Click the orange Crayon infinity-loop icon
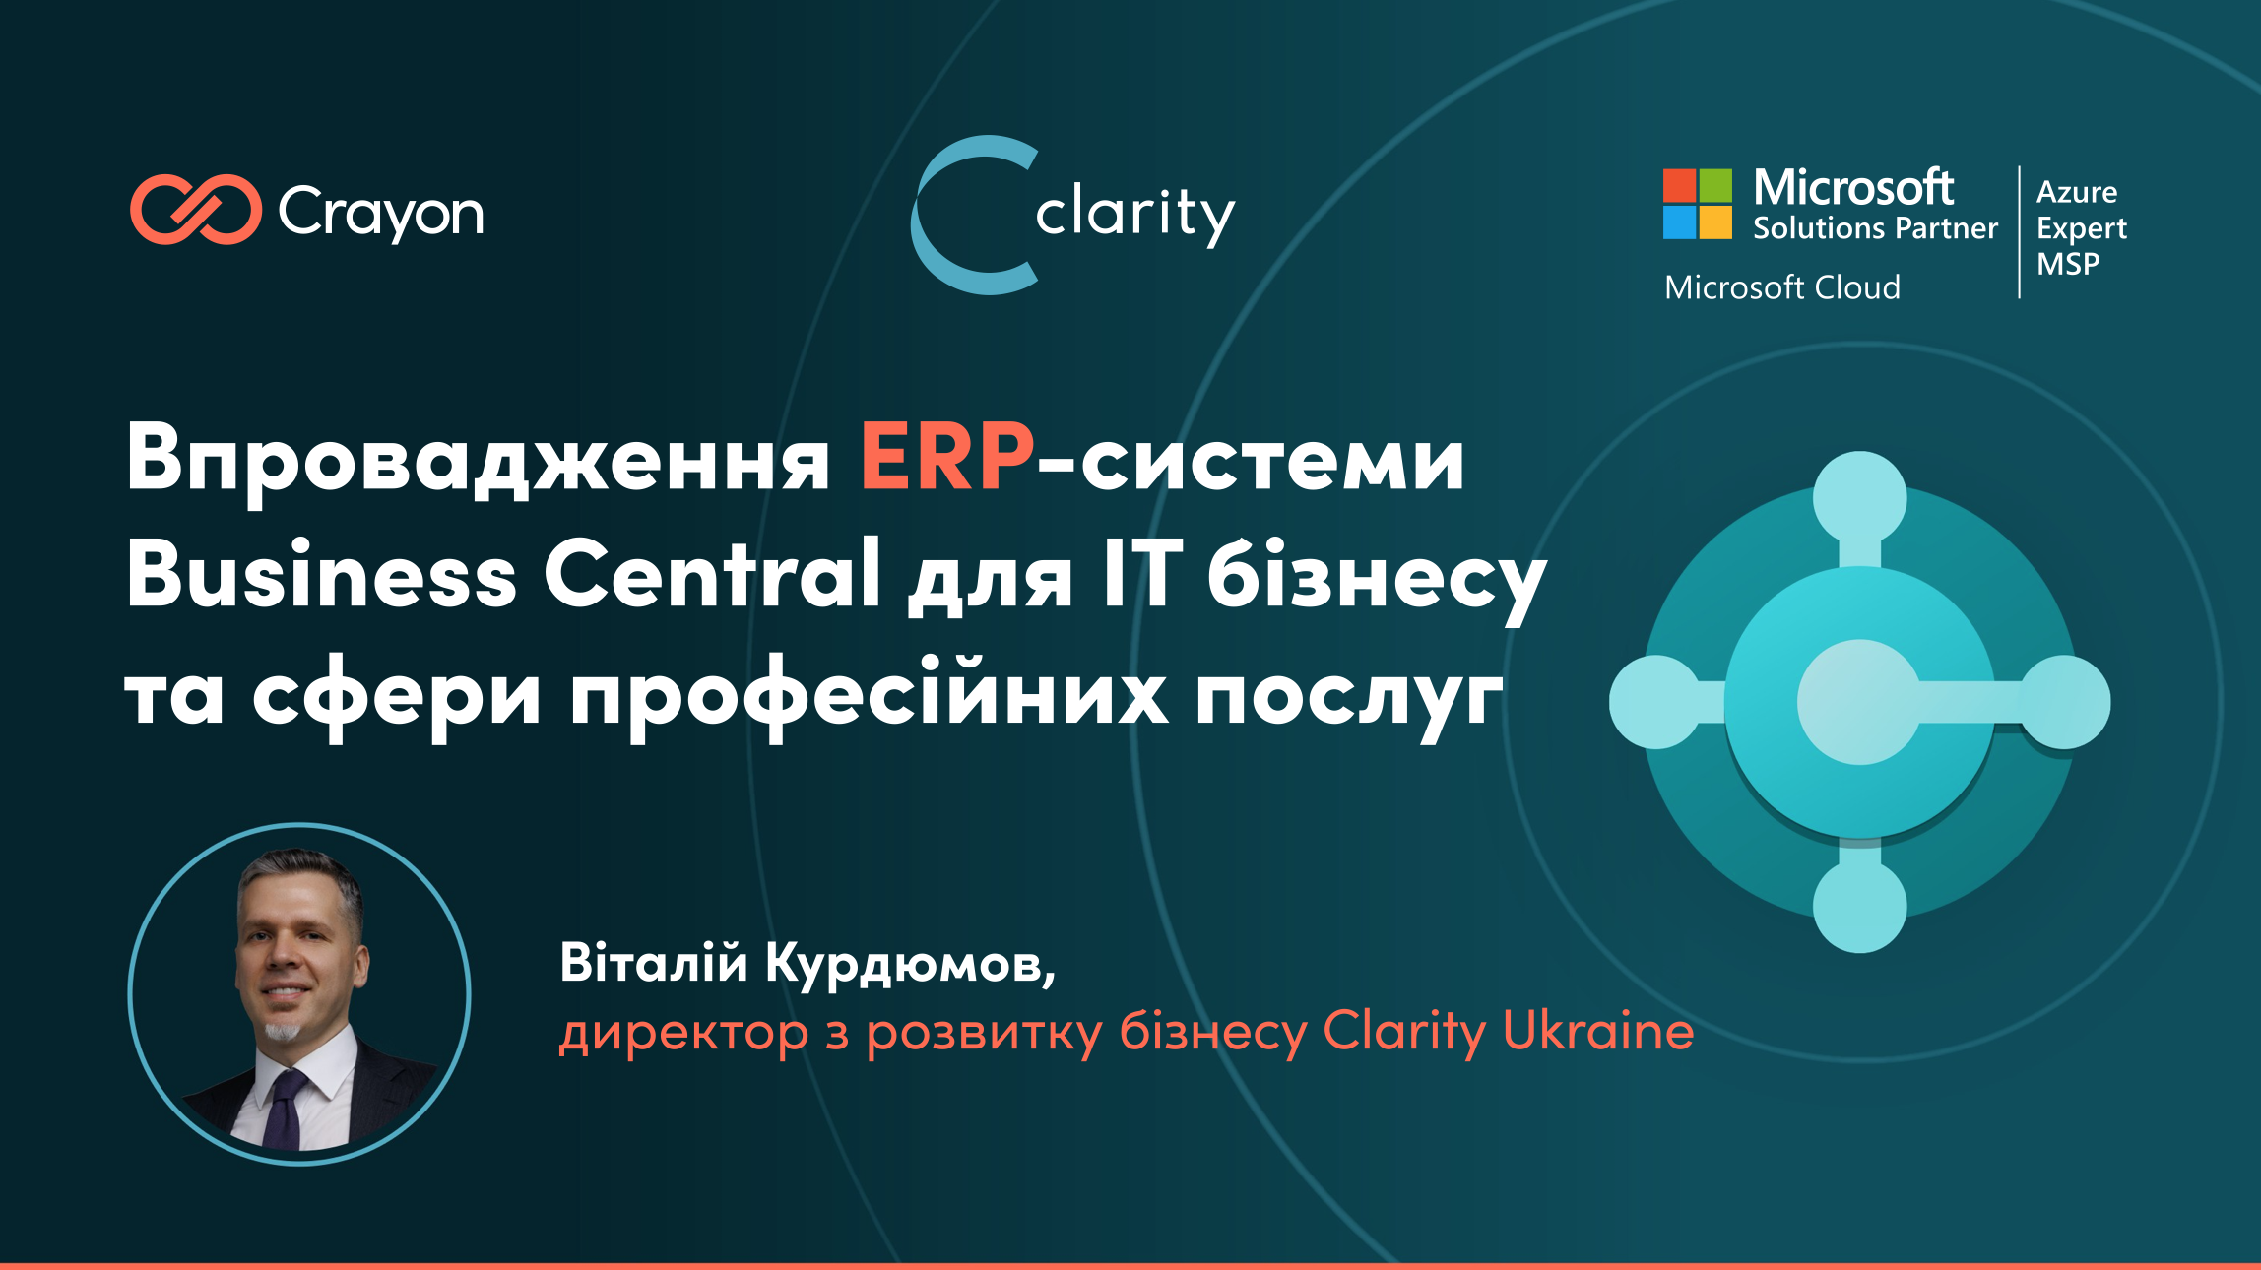(x=196, y=209)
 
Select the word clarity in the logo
(x=1135, y=214)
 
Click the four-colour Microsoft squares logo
(x=1698, y=204)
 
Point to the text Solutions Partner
(x=1875, y=228)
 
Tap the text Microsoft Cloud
(x=1782, y=287)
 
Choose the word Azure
(x=2077, y=191)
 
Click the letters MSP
(x=2068, y=264)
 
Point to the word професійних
(x=870, y=694)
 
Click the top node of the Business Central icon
(x=1859, y=498)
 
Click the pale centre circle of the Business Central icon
(x=1859, y=702)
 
